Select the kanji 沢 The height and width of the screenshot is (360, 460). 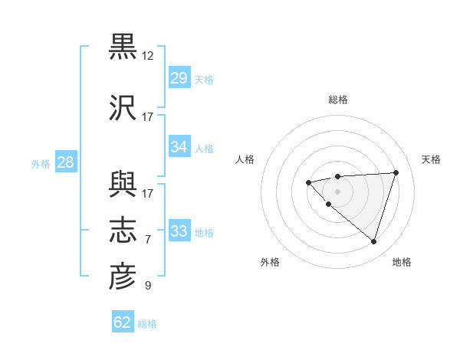click(123, 107)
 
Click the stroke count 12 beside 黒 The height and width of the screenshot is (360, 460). click(148, 56)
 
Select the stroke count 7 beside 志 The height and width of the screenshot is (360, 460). click(148, 240)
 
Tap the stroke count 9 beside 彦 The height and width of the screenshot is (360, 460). click(148, 286)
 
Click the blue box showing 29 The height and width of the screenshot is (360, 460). click(179, 78)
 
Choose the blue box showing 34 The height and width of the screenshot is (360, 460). click(179, 147)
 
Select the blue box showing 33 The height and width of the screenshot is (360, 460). click(179, 231)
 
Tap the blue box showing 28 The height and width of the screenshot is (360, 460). click(65, 162)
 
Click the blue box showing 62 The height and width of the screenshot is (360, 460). click(123, 322)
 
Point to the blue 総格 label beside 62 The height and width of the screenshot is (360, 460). click(147, 324)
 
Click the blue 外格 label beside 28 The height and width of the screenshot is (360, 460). click(41, 163)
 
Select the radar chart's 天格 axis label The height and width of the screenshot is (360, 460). click(431, 159)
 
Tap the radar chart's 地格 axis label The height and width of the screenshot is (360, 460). click(402, 262)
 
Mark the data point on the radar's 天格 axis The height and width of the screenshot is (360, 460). click(396, 172)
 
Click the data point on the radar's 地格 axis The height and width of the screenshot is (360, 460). click(373, 241)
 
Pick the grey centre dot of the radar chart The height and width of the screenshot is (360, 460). click(337, 191)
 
